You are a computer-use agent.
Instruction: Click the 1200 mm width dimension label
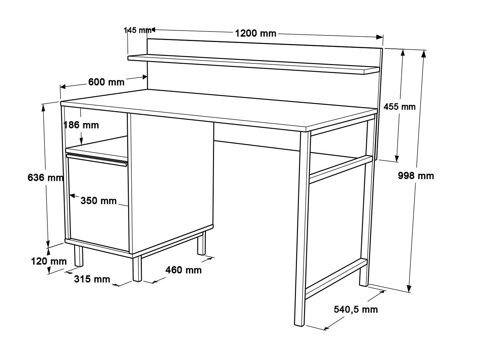pos(256,33)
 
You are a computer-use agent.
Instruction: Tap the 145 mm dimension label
pos(138,30)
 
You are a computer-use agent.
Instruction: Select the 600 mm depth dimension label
pos(106,82)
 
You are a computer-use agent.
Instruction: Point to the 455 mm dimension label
pos(399,106)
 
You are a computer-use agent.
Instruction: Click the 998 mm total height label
pos(416,176)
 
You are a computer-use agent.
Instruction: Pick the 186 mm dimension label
pos(81,125)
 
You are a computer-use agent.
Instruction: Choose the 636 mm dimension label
pos(45,178)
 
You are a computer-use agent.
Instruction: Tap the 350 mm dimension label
pos(98,201)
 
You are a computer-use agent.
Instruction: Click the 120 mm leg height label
pos(49,261)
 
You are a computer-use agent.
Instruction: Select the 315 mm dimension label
pos(92,279)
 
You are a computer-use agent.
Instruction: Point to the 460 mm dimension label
pos(183,270)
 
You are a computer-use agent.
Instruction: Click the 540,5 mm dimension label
pos(356,309)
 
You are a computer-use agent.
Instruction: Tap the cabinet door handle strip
pos(97,160)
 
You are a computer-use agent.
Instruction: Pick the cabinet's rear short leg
pos(201,243)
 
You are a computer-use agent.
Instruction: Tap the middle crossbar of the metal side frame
pos(340,169)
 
